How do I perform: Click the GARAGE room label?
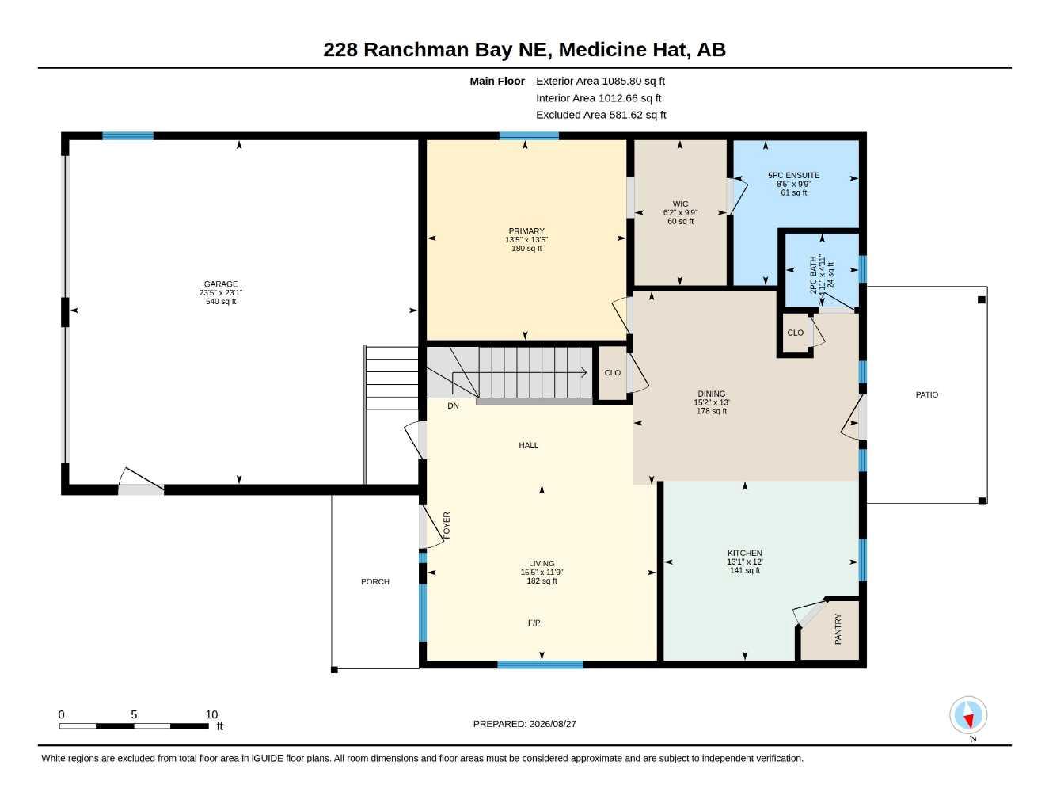(221, 284)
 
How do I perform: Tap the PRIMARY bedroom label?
(526, 230)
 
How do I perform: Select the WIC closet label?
(680, 204)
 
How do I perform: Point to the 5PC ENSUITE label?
(793, 175)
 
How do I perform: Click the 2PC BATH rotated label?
(813, 275)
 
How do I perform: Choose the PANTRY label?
(838, 629)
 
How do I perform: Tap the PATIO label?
(927, 394)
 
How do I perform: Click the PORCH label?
(375, 581)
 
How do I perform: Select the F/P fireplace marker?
(534, 623)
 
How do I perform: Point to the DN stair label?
(453, 406)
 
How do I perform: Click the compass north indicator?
(968, 714)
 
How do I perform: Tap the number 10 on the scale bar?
(211, 714)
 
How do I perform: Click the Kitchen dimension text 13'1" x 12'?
(744, 562)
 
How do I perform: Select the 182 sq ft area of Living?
(542, 581)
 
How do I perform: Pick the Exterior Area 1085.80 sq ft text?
(600, 81)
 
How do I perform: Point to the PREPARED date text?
(524, 724)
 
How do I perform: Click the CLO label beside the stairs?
(612, 373)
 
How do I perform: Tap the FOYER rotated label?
(447, 525)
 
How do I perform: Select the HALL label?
(528, 446)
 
